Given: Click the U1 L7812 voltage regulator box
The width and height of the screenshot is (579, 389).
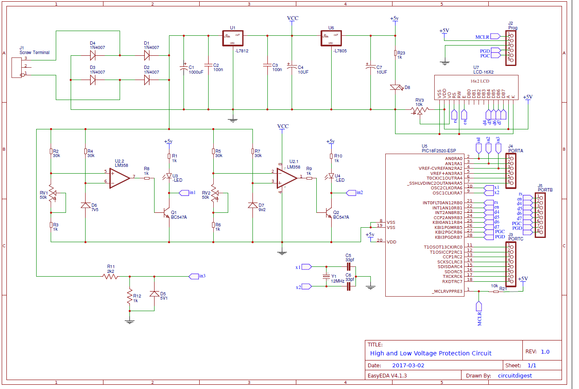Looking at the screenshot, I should pos(232,38).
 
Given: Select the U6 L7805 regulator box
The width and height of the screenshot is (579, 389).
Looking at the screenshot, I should pos(331,38).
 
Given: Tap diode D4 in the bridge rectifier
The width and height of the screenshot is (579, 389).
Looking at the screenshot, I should pos(93,55).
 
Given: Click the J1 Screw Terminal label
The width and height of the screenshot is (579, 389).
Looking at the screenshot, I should pos(34,52).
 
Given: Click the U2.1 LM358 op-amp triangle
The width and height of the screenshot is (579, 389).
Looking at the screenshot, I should pos(287,177).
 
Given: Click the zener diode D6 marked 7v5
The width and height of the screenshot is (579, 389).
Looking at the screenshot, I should pos(85,205).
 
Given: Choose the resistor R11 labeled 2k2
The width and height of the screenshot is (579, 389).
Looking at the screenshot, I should pos(110,276).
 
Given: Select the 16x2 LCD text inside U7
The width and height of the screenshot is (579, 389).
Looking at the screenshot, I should pos(479,81).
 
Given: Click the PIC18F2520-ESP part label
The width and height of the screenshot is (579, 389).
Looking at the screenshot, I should pos(439,151).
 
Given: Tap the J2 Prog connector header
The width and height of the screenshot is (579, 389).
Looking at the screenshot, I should pos(510,48).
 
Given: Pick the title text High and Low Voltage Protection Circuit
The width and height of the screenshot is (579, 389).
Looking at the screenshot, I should pos(430,353).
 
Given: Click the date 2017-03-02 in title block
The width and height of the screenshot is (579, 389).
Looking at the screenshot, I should pos(408,365).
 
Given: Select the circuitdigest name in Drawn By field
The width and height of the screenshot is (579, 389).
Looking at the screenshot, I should pos(515,376).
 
